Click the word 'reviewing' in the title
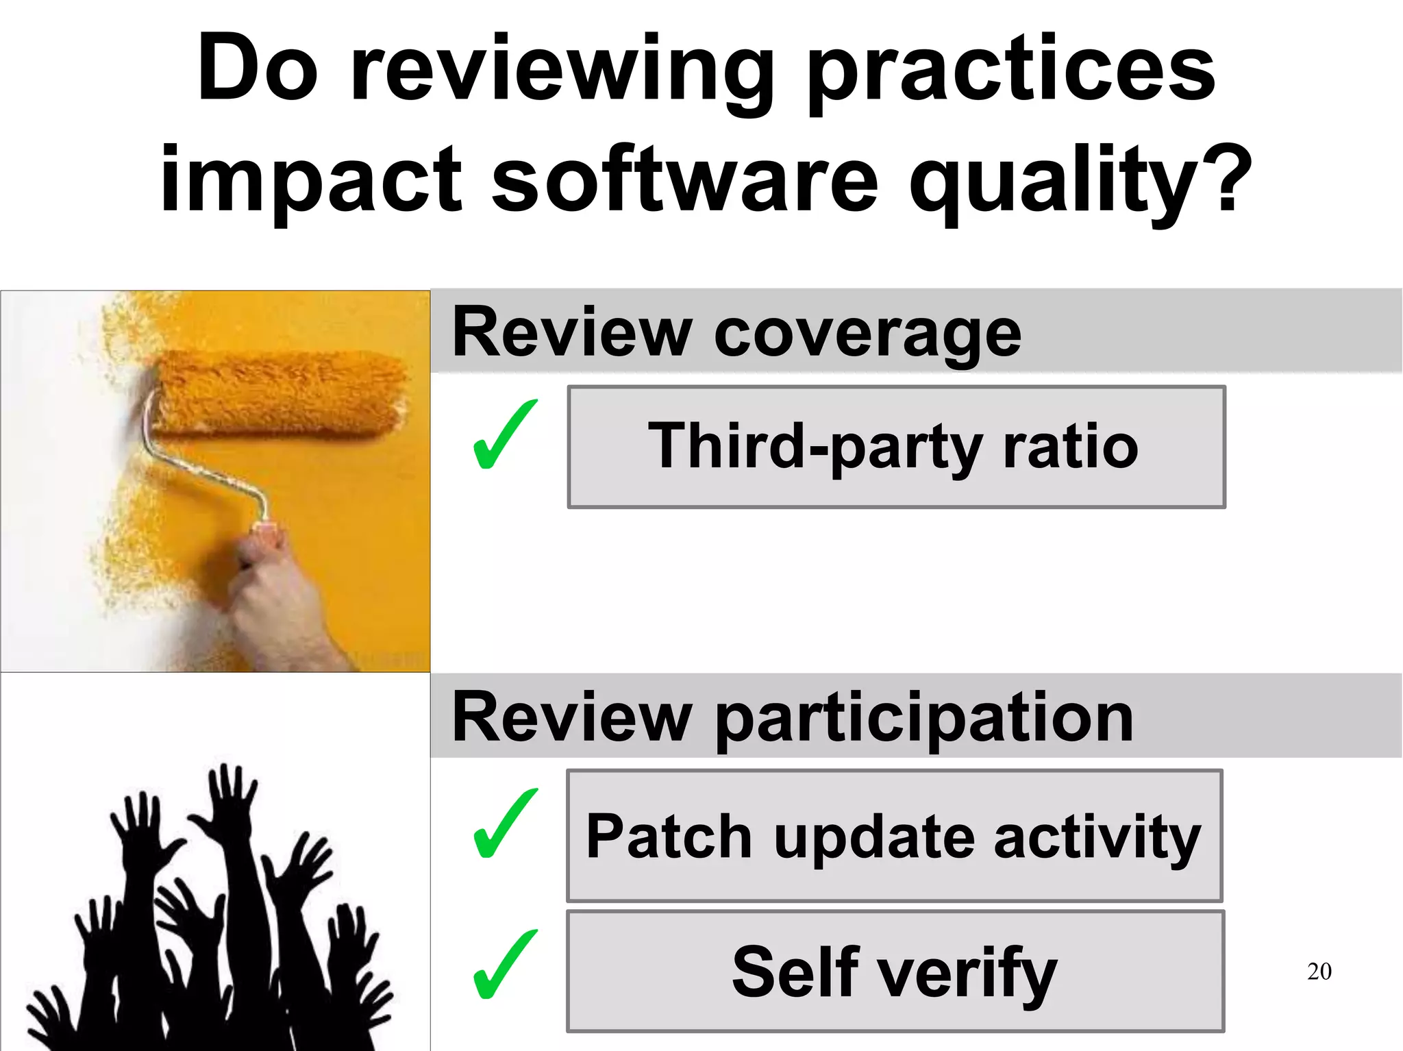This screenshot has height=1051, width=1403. pos(562,72)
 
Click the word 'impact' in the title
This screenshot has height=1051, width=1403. pos(312,182)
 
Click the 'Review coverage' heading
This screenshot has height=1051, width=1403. pos(736,333)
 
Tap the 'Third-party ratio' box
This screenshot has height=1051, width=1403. pos(896,447)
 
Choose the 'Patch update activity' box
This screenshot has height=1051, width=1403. pos(895,836)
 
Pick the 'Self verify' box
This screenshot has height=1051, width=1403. pos(895,972)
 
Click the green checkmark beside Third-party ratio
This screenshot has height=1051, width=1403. pos(505,435)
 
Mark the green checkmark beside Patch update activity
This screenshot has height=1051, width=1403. pos(505,824)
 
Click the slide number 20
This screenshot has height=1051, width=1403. pos(1319,972)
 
